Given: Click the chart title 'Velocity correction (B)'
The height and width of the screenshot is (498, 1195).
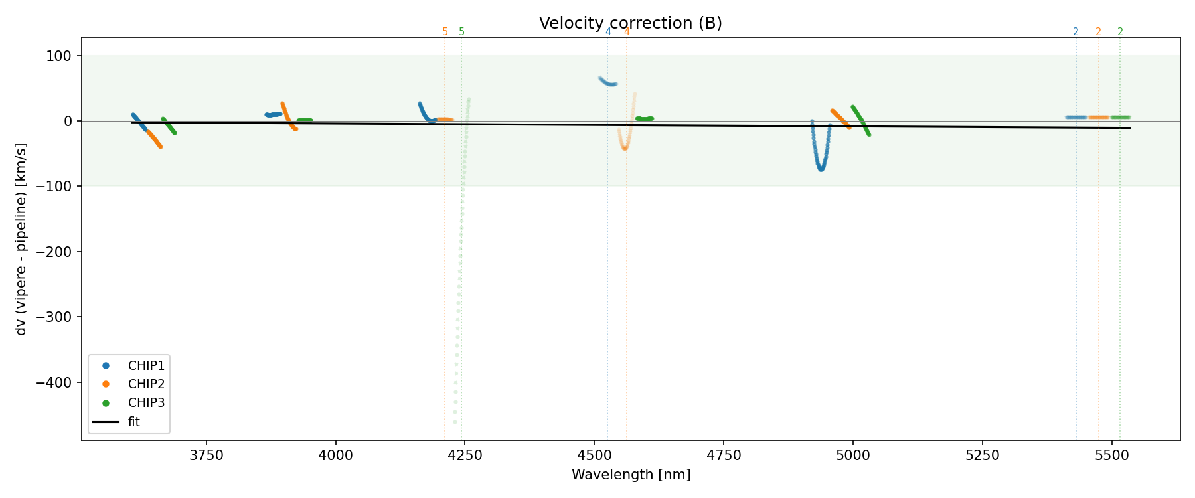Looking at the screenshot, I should pos(630,23).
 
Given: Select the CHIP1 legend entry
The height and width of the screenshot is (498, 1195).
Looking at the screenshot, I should pos(146,366).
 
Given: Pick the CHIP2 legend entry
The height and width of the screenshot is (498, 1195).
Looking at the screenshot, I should pos(146,384).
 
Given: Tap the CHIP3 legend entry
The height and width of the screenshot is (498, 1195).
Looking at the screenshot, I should pos(146,403).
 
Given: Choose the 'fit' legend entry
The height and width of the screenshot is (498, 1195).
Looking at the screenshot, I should pos(134,422).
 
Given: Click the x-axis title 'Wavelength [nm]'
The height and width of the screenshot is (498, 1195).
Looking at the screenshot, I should pos(631,475).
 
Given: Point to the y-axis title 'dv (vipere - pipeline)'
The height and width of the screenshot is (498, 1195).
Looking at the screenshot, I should pos(22,239).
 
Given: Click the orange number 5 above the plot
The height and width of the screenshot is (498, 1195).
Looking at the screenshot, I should pos(445,32).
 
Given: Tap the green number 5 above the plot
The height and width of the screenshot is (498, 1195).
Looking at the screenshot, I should pos(462,32).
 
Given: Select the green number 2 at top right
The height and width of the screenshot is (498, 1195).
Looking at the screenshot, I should pos(1120,32).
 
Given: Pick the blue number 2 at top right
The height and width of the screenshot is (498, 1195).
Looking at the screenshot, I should pos(1075,32).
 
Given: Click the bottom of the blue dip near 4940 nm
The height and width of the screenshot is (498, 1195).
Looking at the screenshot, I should pos(821,169).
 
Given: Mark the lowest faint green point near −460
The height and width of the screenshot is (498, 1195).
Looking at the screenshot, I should pos(455,422).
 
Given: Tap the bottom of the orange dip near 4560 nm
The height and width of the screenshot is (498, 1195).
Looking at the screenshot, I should pos(625,148).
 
